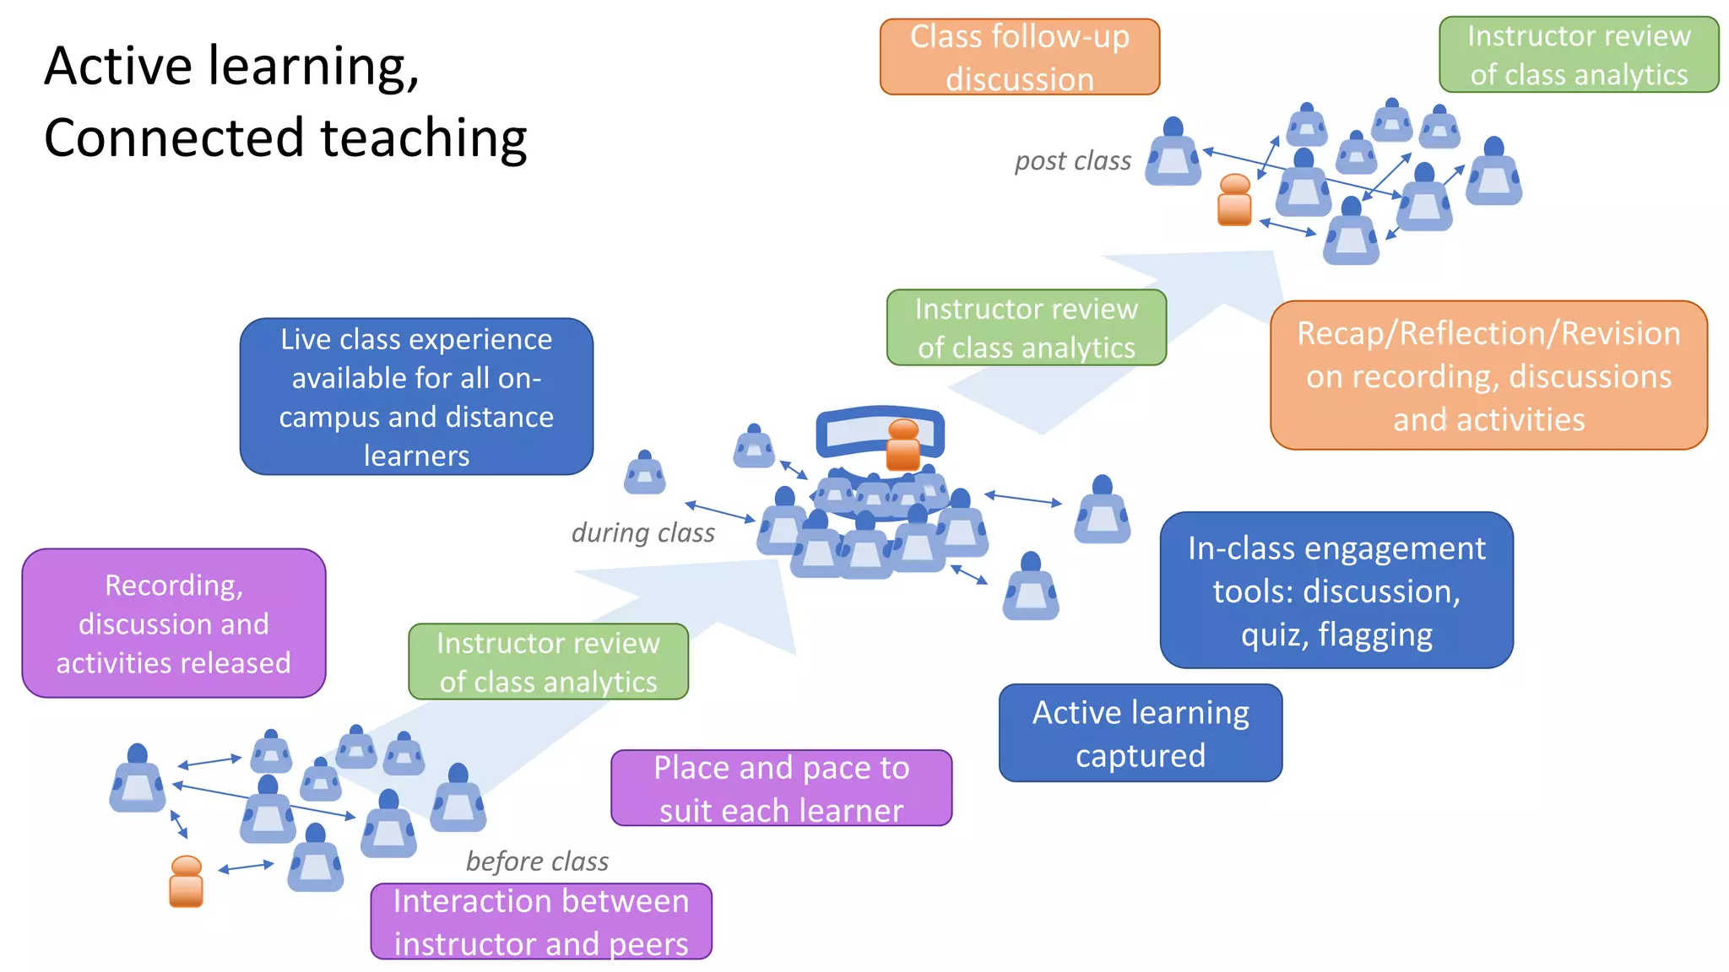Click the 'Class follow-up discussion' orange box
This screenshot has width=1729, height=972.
coord(1019,57)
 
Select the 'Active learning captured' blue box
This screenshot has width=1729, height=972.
coord(1140,732)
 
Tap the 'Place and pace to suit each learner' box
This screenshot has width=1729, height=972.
coord(781,787)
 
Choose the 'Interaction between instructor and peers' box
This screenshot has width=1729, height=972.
coord(540,921)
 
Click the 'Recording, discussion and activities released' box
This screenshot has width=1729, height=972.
coord(173,623)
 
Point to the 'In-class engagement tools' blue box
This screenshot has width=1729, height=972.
coord(1336,590)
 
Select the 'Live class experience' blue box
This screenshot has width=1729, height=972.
coord(416,396)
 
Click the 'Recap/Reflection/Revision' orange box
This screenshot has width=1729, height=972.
coord(1488,375)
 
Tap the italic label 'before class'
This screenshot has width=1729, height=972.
coord(537,861)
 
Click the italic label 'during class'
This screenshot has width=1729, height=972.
coord(642,532)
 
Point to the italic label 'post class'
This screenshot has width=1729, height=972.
coord(1072,160)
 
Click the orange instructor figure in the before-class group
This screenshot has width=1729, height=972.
coord(186,881)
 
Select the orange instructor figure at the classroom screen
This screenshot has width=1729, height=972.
coord(902,445)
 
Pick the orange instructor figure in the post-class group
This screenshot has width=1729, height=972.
coord(1233,200)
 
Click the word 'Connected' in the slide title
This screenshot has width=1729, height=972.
coord(173,138)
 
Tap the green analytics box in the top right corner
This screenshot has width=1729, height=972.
coord(1578,55)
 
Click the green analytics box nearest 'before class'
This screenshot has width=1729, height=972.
coord(548,661)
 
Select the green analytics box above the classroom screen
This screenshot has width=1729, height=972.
coord(1026,327)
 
